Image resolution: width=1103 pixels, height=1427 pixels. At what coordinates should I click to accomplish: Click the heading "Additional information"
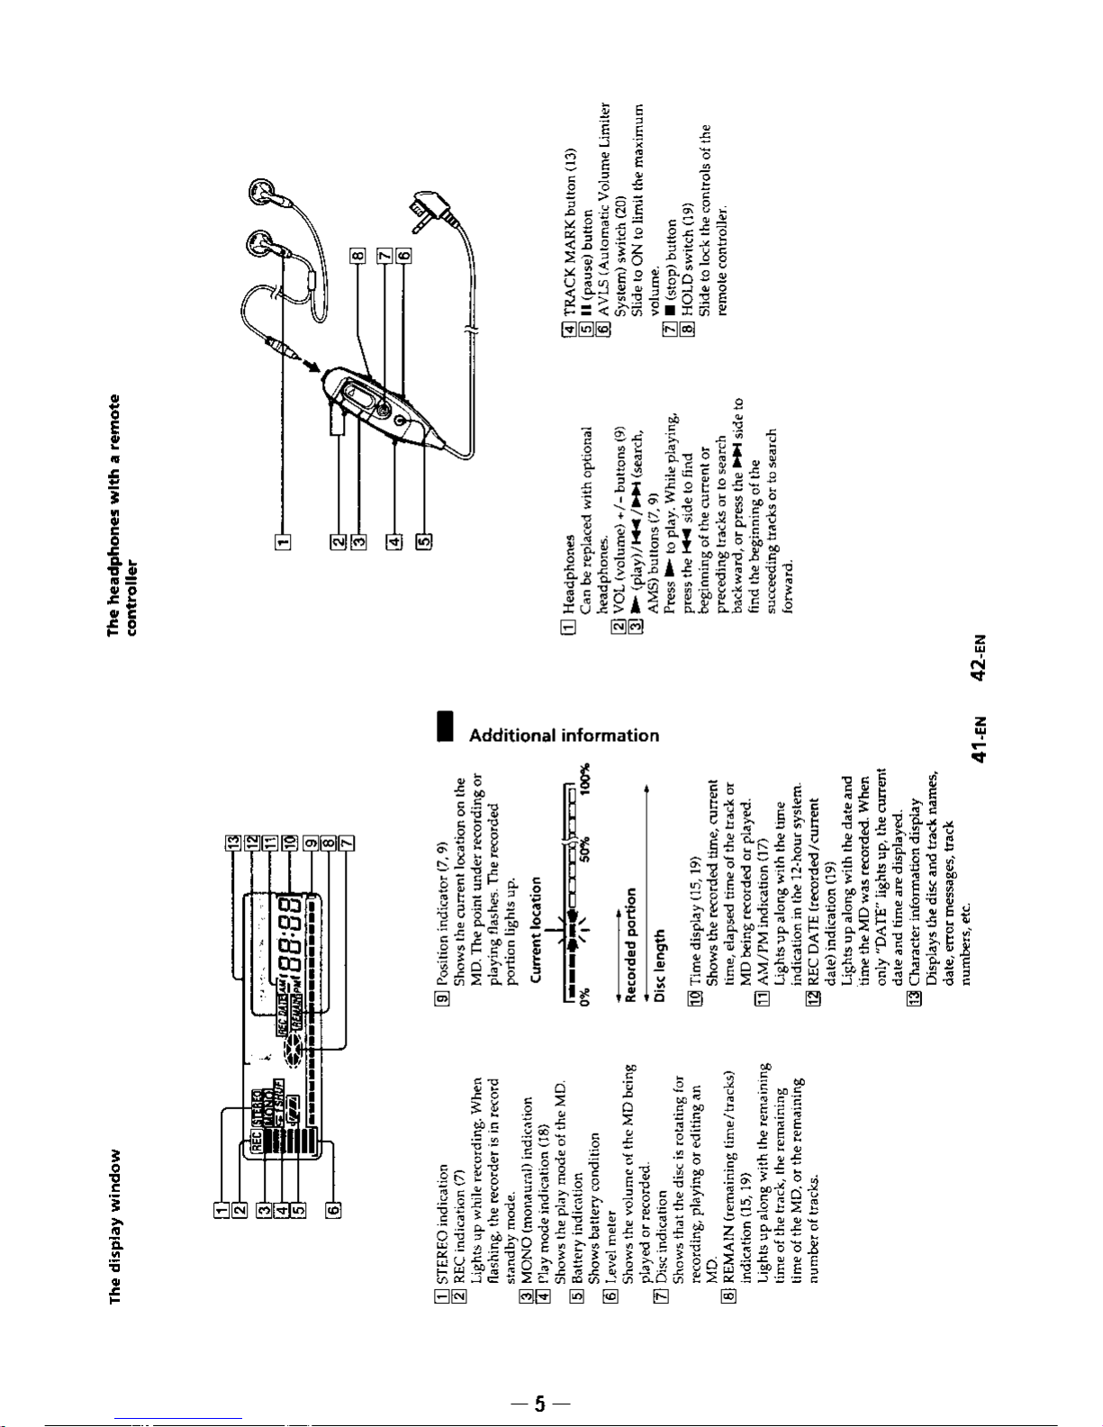[565, 735]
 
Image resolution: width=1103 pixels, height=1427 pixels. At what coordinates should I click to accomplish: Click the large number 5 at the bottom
[539, 1404]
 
